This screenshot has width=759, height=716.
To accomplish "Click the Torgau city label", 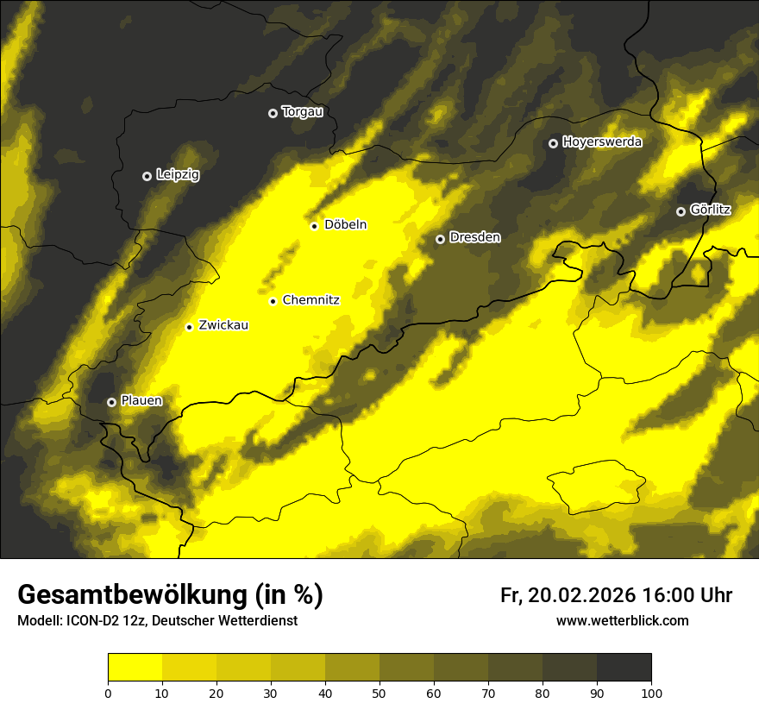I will [302, 112].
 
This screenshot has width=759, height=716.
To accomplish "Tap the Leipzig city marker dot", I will [147, 176].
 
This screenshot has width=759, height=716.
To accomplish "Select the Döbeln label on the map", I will [345, 225].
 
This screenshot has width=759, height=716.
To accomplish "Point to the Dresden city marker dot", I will [440, 239].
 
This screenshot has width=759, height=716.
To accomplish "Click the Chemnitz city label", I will [310, 300].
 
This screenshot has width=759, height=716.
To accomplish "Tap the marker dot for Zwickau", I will [189, 327].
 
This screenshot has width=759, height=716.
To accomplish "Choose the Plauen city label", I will [141, 401].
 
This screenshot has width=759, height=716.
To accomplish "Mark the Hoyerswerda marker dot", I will [553, 143].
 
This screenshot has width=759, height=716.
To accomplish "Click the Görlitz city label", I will [711, 210].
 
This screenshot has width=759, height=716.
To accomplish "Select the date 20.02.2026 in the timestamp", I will [580, 595].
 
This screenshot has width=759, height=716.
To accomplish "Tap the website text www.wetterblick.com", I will [622, 620].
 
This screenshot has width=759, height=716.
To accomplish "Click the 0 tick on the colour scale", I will [108, 693].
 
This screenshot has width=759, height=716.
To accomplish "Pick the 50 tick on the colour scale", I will [379, 693].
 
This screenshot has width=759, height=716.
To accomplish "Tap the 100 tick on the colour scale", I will [651, 693].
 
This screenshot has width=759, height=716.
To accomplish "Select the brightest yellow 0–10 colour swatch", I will [135, 668].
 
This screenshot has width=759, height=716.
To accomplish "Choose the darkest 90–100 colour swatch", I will [624, 668].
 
